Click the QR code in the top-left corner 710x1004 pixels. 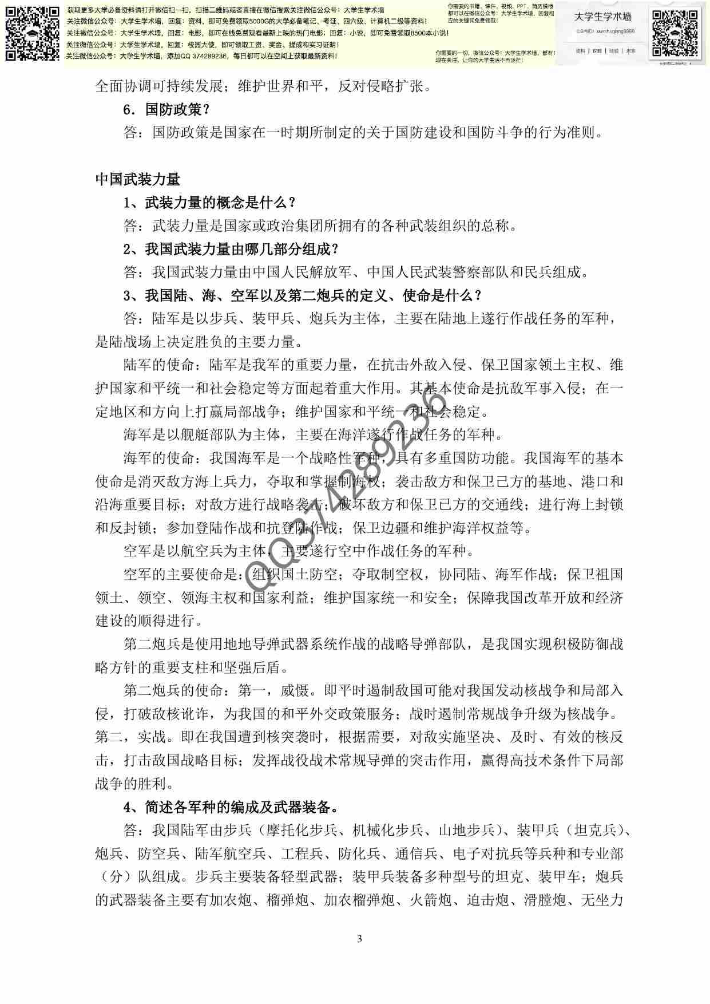pyautogui.click(x=32, y=33)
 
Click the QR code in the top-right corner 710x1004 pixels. pyautogui.click(x=675, y=33)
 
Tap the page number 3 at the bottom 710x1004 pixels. pyautogui.click(x=359, y=939)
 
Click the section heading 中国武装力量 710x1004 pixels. pyautogui.click(x=137, y=179)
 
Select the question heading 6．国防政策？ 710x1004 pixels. pyautogui.click(x=166, y=109)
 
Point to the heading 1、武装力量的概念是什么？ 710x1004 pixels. pyautogui.click(x=209, y=203)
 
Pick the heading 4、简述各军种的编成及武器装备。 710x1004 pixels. pyautogui.click(x=231, y=807)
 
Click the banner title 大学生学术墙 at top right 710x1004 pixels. pyautogui.click(x=603, y=17)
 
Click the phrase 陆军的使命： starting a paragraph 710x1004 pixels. pyautogui.click(x=166, y=365)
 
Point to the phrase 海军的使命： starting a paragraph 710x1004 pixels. pyautogui.click(x=166, y=458)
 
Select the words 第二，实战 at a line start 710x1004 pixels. pyautogui.click(x=130, y=737)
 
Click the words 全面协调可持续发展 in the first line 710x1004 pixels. pyautogui.click(x=159, y=86)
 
